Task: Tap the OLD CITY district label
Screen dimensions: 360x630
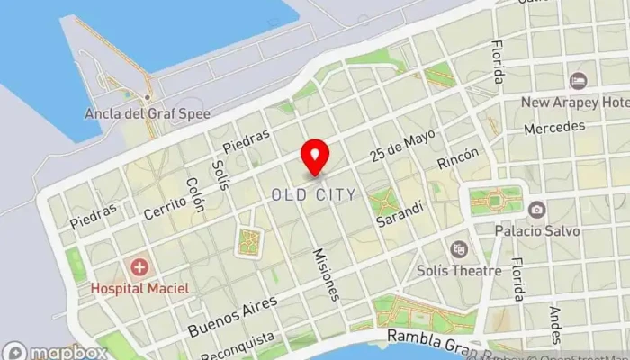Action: (313, 194)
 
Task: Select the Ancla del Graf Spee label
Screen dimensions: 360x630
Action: (147, 114)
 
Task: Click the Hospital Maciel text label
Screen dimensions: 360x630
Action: (139, 288)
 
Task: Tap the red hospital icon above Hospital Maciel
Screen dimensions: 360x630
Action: (139, 267)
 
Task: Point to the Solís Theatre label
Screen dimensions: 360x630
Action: (459, 270)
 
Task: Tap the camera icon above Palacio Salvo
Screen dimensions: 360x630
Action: (537, 210)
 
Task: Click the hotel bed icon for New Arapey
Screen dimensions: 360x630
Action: (578, 81)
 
